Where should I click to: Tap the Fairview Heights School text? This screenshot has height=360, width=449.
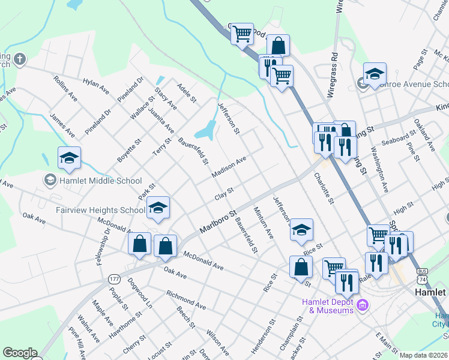tap(100, 210)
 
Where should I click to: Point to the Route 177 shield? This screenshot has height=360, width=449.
tap(114, 279)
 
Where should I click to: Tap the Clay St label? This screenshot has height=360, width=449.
tap(224, 194)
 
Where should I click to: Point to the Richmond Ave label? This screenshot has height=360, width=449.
tap(186, 298)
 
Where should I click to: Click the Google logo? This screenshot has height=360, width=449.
tap(20, 353)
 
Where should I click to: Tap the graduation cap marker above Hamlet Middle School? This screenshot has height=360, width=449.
tap(69, 158)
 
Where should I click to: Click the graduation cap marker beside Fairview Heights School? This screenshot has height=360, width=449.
tap(158, 208)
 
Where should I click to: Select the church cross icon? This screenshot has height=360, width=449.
tap(20, 59)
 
